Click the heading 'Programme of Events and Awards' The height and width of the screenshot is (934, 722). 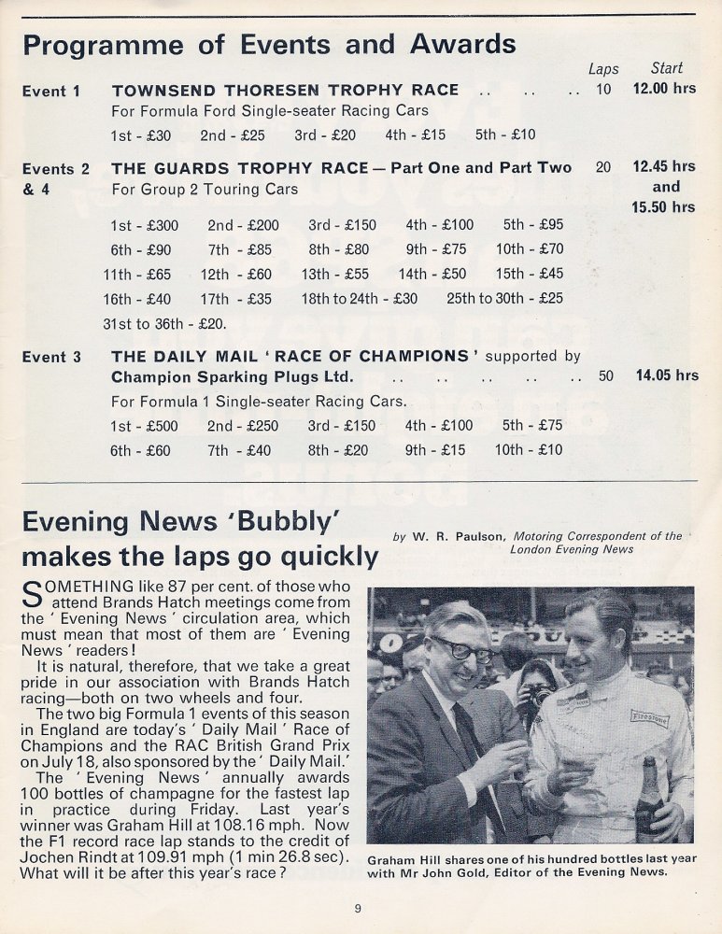click(269, 45)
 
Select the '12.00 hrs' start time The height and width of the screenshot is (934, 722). click(664, 90)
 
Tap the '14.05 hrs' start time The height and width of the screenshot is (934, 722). click(667, 375)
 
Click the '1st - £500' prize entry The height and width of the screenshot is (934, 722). click(140, 426)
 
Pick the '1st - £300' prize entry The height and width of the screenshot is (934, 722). click(144, 225)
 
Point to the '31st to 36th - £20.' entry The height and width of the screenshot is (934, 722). click(164, 324)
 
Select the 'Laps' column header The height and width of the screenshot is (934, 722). click(603, 69)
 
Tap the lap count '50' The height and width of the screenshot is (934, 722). click(606, 375)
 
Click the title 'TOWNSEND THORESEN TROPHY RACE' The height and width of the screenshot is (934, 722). click(285, 91)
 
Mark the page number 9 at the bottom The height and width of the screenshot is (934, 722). click(358, 907)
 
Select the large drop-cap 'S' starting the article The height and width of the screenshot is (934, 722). click(31, 594)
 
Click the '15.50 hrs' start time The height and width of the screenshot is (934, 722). click(663, 207)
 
